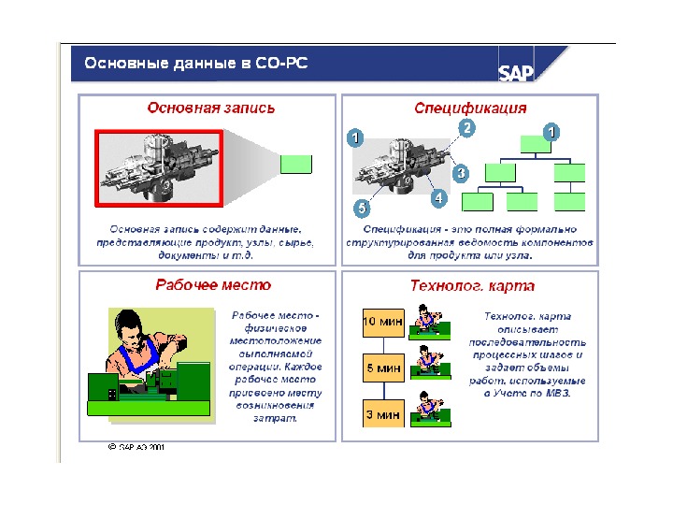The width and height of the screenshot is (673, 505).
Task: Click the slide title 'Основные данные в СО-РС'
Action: tap(196, 65)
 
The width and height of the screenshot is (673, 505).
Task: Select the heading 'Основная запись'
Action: tap(211, 108)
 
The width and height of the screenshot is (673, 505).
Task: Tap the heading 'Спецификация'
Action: tap(470, 108)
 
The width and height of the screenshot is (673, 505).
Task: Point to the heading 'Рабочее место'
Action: tap(213, 285)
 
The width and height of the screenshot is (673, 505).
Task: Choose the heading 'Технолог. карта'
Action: tap(473, 286)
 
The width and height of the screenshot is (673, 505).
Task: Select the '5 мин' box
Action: tap(382, 368)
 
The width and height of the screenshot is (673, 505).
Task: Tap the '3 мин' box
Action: tap(382, 413)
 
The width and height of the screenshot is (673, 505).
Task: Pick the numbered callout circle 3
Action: tap(460, 174)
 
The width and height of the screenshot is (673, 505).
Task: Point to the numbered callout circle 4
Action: tap(438, 199)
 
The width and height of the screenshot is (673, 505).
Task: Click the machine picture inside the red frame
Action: tap(157, 166)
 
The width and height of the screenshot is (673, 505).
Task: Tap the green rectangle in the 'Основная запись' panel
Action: tap(295, 165)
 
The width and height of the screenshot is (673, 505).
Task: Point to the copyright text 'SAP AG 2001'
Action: tap(139, 447)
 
